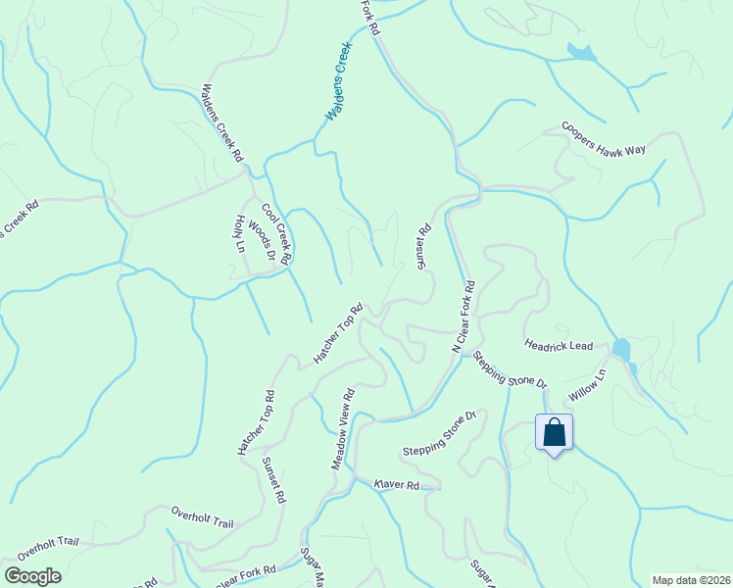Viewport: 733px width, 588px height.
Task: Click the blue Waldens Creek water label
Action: (x=338, y=83)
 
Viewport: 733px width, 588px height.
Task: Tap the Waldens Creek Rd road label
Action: (x=222, y=122)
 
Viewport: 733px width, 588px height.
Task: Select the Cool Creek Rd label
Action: (x=276, y=234)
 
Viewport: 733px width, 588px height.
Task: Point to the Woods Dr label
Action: (x=262, y=240)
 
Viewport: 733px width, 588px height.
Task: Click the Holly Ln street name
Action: (x=240, y=235)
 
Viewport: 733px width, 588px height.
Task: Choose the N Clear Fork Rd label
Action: (x=463, y=317)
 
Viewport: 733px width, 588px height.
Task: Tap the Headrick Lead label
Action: (x=559, y=346)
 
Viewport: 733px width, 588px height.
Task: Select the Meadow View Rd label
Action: (x=342, y=427)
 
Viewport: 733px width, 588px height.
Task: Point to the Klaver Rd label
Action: (x=396, y=485)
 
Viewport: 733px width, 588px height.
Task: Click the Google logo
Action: (x=32, y=576)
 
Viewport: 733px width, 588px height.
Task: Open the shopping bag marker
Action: (x=554, y=432)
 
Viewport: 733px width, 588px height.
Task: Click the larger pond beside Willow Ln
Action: (x=621, y=347)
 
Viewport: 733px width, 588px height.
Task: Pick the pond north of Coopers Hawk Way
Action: (x=580, y=53)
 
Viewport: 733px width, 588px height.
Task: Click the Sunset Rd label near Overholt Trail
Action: (x=274, y=479)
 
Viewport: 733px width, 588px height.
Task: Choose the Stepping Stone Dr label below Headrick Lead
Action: (x=509, y=368)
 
